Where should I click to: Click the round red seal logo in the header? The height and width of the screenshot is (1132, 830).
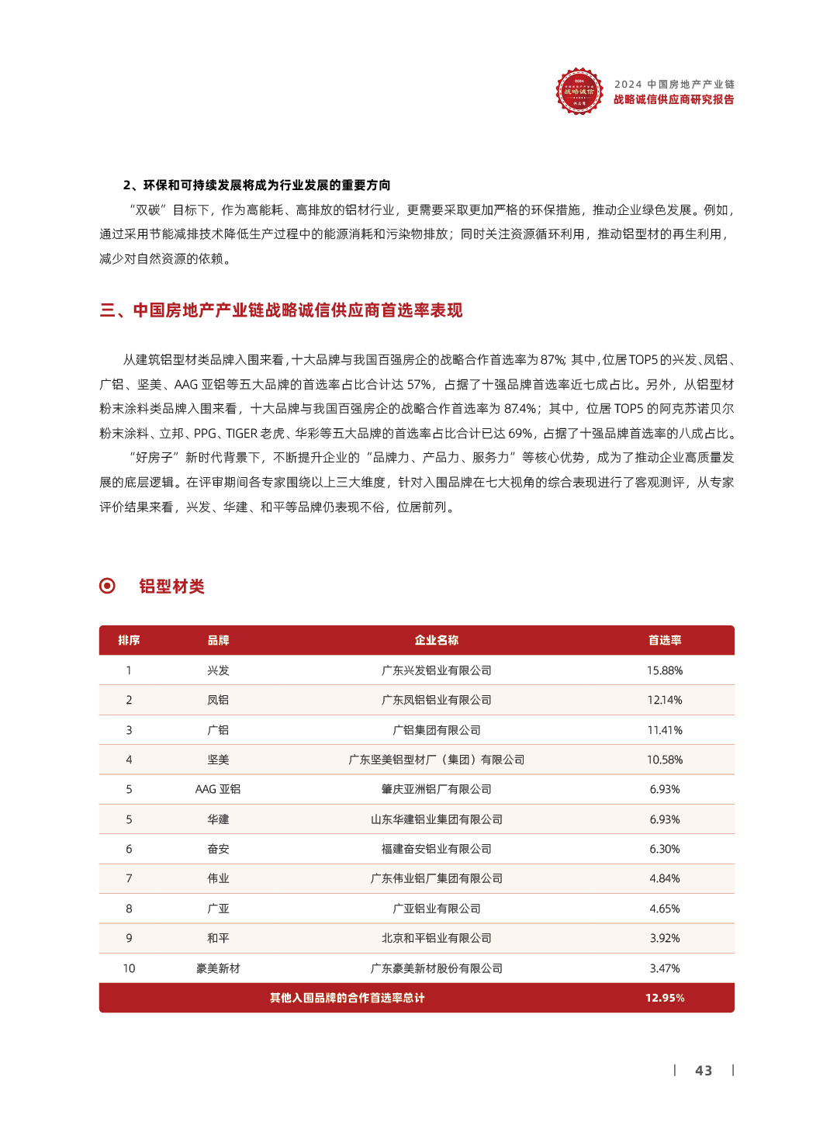pyautogui.click(x=579, y=92)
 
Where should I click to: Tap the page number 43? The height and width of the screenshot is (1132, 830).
pyautogui.click(x=704, y=1071)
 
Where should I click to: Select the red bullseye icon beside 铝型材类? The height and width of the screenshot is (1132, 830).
pyautogui.click(x=108, y=586)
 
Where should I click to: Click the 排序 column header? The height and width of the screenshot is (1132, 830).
pyautogui.click(x=129, y=640)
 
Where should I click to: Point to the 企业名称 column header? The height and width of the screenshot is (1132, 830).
pyautogui.click(x=436, y=640)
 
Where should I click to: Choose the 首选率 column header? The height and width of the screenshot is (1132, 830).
pyautogui.click(x=665, y=640)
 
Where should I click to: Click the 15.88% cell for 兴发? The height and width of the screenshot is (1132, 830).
pyautogui.click(x=665, y=670)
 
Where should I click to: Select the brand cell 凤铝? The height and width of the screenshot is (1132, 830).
pyautogui.click(x=218, y=700)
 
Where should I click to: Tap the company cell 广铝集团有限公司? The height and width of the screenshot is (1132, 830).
pyautogui.click(x=436, y=730)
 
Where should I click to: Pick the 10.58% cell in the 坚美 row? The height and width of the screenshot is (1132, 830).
pyautogui.click(x=665, y=760)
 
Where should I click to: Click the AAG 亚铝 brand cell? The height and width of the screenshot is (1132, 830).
pyautogui.click(x=218, y=789)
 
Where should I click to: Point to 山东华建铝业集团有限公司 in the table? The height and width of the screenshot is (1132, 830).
pyautogui.click(x=436, y=819)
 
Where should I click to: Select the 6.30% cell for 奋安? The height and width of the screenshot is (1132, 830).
pyautogui.click(x=665, y=849)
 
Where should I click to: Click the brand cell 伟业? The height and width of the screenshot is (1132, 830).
pyautogui.click(x=218, y=878)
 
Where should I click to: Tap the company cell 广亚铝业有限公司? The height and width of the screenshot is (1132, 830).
pyautogui.click(x=436, y=909)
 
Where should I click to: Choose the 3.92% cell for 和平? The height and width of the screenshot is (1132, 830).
pyautogui.click(x=665, y=938)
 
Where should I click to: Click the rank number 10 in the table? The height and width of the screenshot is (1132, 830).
pyautogui.click(x=129, y=968)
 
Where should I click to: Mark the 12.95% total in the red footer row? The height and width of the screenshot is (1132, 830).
pyautogui.click(x=665, y=998)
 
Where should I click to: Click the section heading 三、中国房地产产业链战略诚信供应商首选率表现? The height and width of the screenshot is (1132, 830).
pyautogui.click(x=281, y=310)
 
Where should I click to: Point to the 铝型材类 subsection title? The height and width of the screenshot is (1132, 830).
pyautogui.click(x=171, y=587)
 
